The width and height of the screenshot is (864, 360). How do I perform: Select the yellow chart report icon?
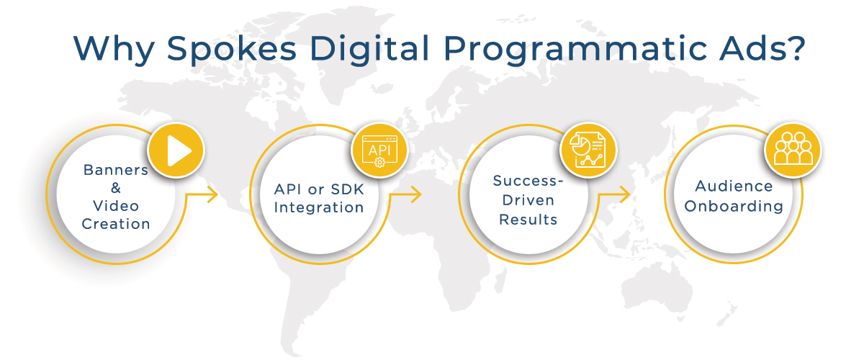(x=588, y=150)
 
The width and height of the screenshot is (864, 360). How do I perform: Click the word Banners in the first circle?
(x=116, y=171)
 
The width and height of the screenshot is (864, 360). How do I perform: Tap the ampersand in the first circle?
(x=116, y=188)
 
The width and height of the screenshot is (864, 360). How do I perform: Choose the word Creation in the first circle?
(x=116, y=223)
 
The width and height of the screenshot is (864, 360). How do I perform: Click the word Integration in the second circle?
(x=318, y=207)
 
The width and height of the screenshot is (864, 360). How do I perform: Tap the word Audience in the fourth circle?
(x=734, y=186)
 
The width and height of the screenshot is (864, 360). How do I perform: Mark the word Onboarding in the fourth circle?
(x=734, y=206)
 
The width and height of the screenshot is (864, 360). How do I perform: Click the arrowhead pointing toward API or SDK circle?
(x=212, y=194)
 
